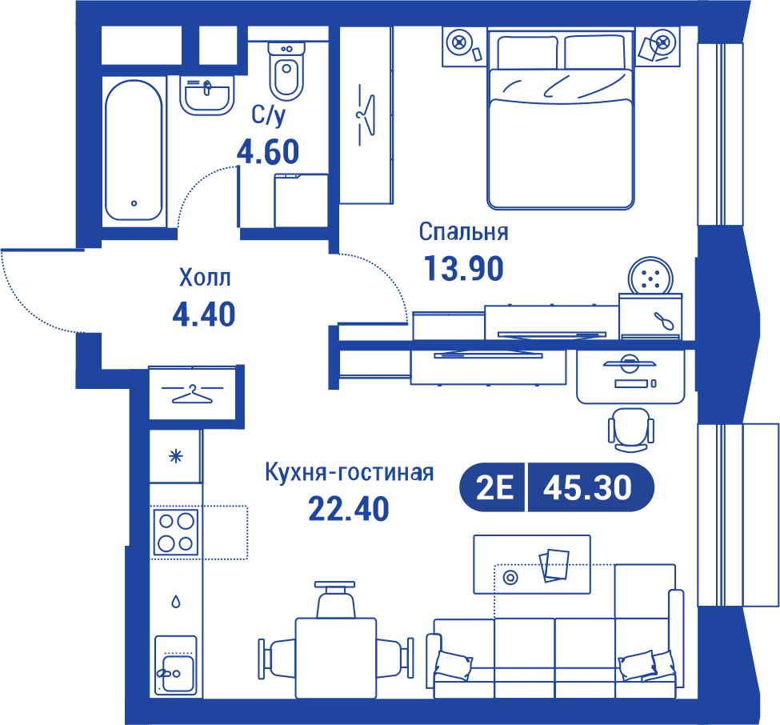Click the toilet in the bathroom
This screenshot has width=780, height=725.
click(286, 71)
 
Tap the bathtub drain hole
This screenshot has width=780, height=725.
click(134, 203)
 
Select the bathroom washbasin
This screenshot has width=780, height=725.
click(206, 95)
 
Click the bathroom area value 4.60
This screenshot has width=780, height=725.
click(268, 152)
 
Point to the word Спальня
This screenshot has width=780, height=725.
click(464, 232)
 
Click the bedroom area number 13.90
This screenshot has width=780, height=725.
click(464, 268)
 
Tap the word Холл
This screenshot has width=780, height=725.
click(205, 278)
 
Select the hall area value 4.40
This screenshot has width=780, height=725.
click(204, 314)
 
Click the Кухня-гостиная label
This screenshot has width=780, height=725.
click(350, 472)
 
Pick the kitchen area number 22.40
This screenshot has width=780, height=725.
click(349, 509)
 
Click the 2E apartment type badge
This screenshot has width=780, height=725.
click(494, 487)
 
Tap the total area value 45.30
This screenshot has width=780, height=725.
click(587, 487)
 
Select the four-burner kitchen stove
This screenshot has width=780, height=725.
click(175, 532)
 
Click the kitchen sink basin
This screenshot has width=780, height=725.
click(178, 673)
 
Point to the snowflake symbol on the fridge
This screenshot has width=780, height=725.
click(175, 456)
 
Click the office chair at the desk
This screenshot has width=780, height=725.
click(630, 430)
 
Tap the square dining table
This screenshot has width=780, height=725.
click(336, 658)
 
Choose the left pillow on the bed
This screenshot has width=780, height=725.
click(527, 52)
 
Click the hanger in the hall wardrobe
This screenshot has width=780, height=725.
click(192, 394)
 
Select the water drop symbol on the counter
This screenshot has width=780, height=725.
click(175, 602)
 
